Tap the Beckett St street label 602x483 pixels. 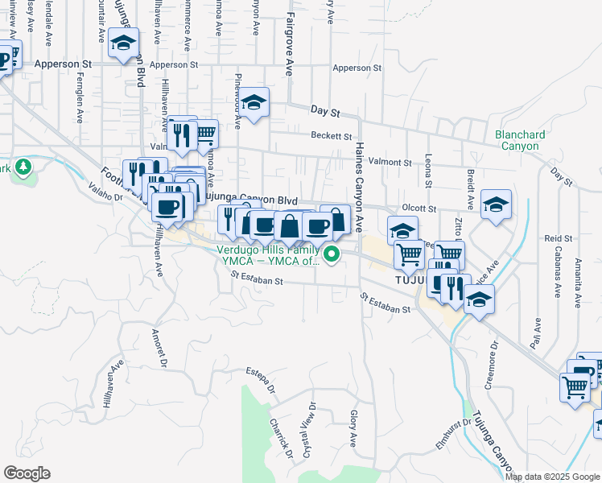[x=332, y=136]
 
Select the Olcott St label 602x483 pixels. [x=420, y=208]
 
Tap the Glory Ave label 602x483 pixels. [x=353, y=428]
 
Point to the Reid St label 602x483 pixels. [x=558, y=238]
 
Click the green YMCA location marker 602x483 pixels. [x=330, y=256]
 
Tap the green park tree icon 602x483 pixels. [x=24, y=167]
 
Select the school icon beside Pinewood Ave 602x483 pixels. [x=254, y=102]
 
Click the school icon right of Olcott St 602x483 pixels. [x=497, y=204]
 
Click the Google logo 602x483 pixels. [x=27, y=473]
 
